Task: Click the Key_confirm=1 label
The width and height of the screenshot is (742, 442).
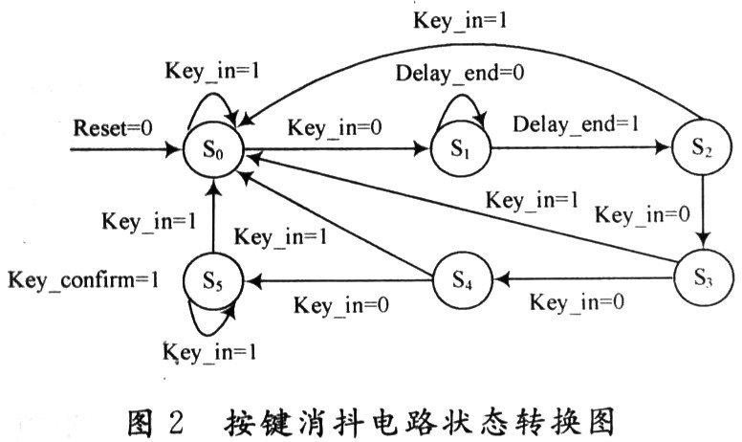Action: tap(82, 280)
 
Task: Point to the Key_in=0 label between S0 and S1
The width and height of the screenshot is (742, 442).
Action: tap(329, 126)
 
